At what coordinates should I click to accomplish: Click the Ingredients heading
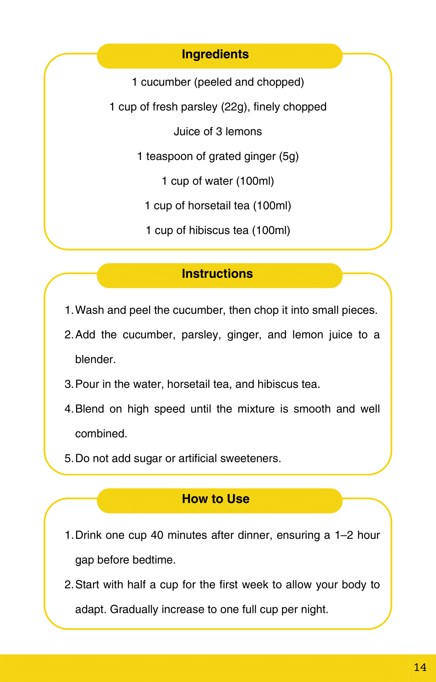pyautogui.click(x=215, y=54)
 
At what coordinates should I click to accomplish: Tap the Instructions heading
pyautogui.click(x=217, y=274)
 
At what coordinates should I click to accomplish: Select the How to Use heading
pyautogui.click(x=216, y=499)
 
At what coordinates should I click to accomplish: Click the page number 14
pyautogui.click(x=420, y=667)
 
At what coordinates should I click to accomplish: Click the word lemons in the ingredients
pyautogui.click(x=244, y=132)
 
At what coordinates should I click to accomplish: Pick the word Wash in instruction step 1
pyautogui.click(x=89, y=310)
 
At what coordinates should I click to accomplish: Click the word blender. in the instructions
pyautogui.click(x=96, y=359)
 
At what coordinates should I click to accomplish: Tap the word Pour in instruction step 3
pyautogui.click(x=87, y=384)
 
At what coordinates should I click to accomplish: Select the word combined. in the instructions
pyautogui.click(x=101, y=434)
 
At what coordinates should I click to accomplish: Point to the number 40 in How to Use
pyautogui.click(x=157, y=535)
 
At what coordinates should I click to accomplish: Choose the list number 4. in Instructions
pyautogui.click(x=69, y=409)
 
